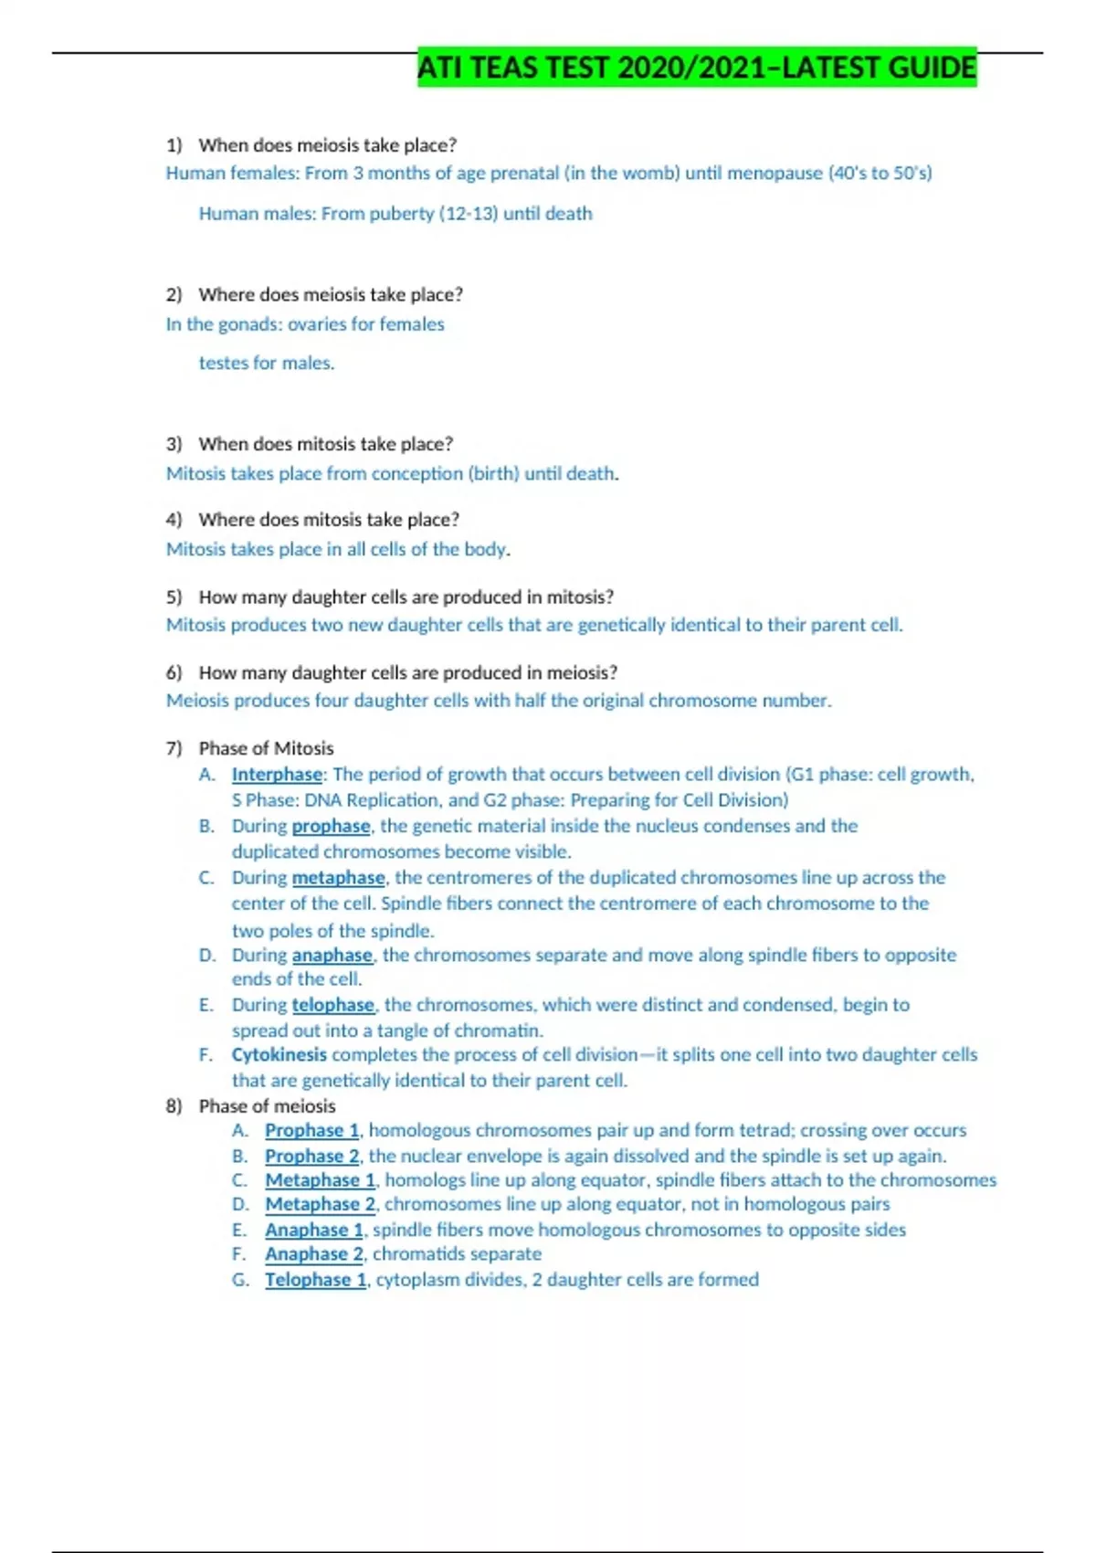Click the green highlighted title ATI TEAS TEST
pos(697,68)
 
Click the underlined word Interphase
pos(277,775)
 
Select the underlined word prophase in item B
pos(331,826)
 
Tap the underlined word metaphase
pos(338,878)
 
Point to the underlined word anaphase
pos(332,956)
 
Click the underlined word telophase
pos(332,1005)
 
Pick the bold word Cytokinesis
pos(279,1054)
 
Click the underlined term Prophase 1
pos(312,1130)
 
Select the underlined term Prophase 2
pos(312,1156)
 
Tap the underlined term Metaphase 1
pos(321,1180)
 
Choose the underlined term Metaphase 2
pos(321,1204)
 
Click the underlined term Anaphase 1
pos(314,1230)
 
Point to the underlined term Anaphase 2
pos(314,1254)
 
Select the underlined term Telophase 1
pos(316,1280)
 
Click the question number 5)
pos(174,597)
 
